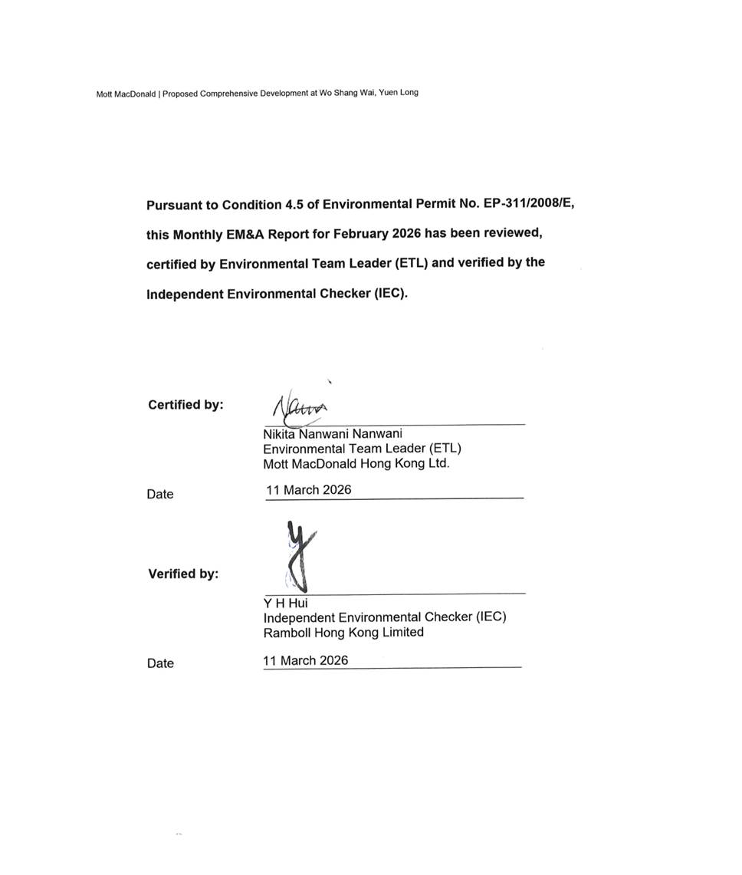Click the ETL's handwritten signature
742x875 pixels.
pos(299,409)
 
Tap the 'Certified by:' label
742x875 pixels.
pos(185,405)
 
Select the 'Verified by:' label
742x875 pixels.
pos(183,574)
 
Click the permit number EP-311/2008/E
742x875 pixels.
pos(528,204)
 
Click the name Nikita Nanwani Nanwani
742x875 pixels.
pos(332,434)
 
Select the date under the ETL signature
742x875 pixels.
pos(308,490)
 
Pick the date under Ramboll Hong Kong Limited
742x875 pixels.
pos(305,660)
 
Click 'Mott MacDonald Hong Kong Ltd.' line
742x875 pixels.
pos(356,464)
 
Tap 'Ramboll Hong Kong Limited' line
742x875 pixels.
pos(343,633)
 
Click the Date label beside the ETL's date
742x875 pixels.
pos(160,495)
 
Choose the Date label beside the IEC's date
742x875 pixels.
pos(160,663)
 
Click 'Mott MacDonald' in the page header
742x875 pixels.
pos(126,94)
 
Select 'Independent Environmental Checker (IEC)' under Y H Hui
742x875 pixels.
pos(385,617)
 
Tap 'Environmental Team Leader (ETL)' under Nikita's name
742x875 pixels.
pos(362,449)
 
